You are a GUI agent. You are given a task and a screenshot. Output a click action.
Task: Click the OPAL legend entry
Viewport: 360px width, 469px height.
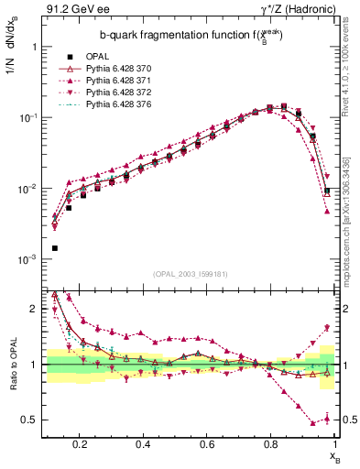coord(97,56)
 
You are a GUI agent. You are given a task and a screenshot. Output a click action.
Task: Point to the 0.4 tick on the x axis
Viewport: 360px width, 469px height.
coord(143,443)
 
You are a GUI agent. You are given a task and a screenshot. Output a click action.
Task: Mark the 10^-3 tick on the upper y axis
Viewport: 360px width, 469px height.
coord(29,260)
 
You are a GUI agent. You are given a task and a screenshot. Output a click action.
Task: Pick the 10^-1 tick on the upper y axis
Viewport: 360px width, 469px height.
coord(29,117)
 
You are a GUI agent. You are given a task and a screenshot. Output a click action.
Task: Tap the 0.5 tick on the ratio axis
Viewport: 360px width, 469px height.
coord(32,420)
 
